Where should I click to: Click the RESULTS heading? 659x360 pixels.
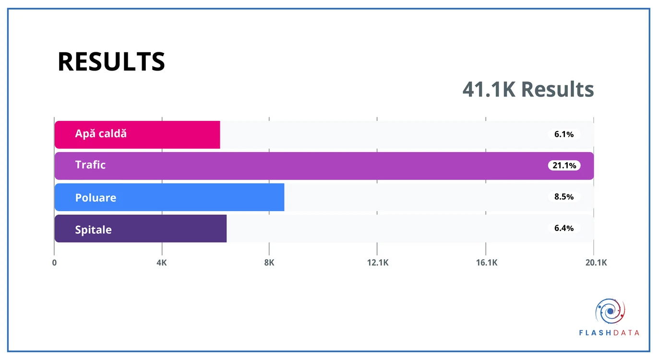pyautogui.click(x=111, y=61)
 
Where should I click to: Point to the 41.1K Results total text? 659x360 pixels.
pyautogui.click(x=528, y=89)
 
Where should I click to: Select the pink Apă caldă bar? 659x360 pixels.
pyautogui.click(x=137, y=135)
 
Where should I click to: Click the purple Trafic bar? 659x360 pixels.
pyautogui.click(x=324, y=166)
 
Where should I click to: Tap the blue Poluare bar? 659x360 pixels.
pyautogui.click(x=169, y=197)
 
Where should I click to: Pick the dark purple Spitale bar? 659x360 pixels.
pyautogui.click(x=140, y=228)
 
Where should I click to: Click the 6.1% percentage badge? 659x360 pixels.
pyautogui.click(x=564, y=134)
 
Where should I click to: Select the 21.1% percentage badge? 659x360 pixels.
pyautogui.click(x=564, y=166)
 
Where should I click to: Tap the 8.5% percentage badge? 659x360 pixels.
pyautogui.click(x=564, y=197)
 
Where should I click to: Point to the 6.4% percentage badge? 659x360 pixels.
pyautogui.click(x=564, y=228)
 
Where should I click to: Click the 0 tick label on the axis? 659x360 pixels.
pyautogui.click(x=54, y=263)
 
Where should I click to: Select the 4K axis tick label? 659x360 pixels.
pyautogui.click(x=162, y=263)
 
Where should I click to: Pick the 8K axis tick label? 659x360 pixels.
pyautogui.click(x=269, y=263)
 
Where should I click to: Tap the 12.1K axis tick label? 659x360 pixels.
pyautogui.click(x=377, y=263)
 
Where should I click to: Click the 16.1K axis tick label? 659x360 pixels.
pyautogui.click(x=487, y=263)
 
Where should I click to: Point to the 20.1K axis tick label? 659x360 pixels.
pyautogui.click(x=596, y=263)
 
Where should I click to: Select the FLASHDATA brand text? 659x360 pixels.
pyautogui.click(x=609, y=333)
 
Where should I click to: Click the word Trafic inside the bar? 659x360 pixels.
pyautogui.click(x=90, y=165)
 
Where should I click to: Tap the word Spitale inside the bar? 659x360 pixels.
pyautogui.click(x=93, y=229)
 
